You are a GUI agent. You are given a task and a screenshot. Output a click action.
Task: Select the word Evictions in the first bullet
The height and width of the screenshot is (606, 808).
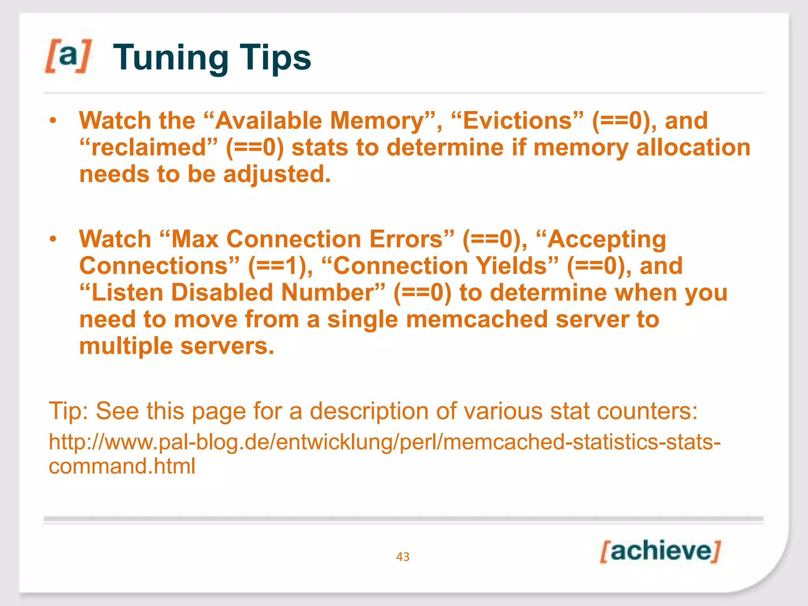[517, 120]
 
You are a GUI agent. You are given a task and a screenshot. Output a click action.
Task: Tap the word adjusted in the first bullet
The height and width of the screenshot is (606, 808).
[276, 174]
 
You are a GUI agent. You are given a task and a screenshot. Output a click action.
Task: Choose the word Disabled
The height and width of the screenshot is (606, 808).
[222, 292]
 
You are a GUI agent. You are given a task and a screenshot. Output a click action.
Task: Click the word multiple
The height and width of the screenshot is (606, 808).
[126, 346]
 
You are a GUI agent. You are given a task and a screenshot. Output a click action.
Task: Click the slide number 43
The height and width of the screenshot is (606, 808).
[403, 557]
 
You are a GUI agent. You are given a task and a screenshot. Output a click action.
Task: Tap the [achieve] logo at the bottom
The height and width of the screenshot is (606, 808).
[660, 551]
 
